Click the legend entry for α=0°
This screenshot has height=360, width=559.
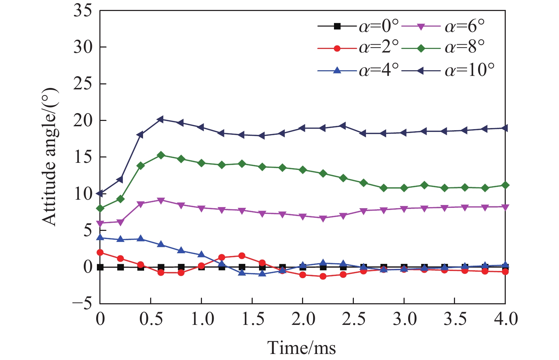358,26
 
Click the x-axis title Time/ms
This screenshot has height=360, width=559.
302,348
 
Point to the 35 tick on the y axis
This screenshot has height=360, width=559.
82,11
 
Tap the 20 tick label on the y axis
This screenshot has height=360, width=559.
82,121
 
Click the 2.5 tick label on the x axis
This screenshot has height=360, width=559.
354,319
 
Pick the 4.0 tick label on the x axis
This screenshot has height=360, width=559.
505,319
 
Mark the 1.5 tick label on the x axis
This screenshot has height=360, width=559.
252,319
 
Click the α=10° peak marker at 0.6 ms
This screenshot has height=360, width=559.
161,119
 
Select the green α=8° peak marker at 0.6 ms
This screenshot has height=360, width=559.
161,155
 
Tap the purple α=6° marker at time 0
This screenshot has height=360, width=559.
100,223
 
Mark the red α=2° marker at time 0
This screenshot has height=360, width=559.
100,253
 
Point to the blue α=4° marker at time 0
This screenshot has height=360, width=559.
100,238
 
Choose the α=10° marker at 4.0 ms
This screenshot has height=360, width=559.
505,128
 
